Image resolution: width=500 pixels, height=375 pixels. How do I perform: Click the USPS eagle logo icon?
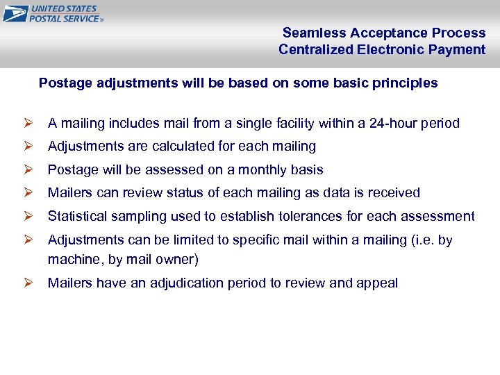[x=15, y=14]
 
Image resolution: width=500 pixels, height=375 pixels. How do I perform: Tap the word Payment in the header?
[x=459, y=49]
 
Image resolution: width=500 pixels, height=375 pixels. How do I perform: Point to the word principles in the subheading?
[x=405, y=83]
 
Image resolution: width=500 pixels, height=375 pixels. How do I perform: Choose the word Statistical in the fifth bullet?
[x=77, y=217]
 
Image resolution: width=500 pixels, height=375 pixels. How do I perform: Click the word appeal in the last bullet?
[x=377, y=283]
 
